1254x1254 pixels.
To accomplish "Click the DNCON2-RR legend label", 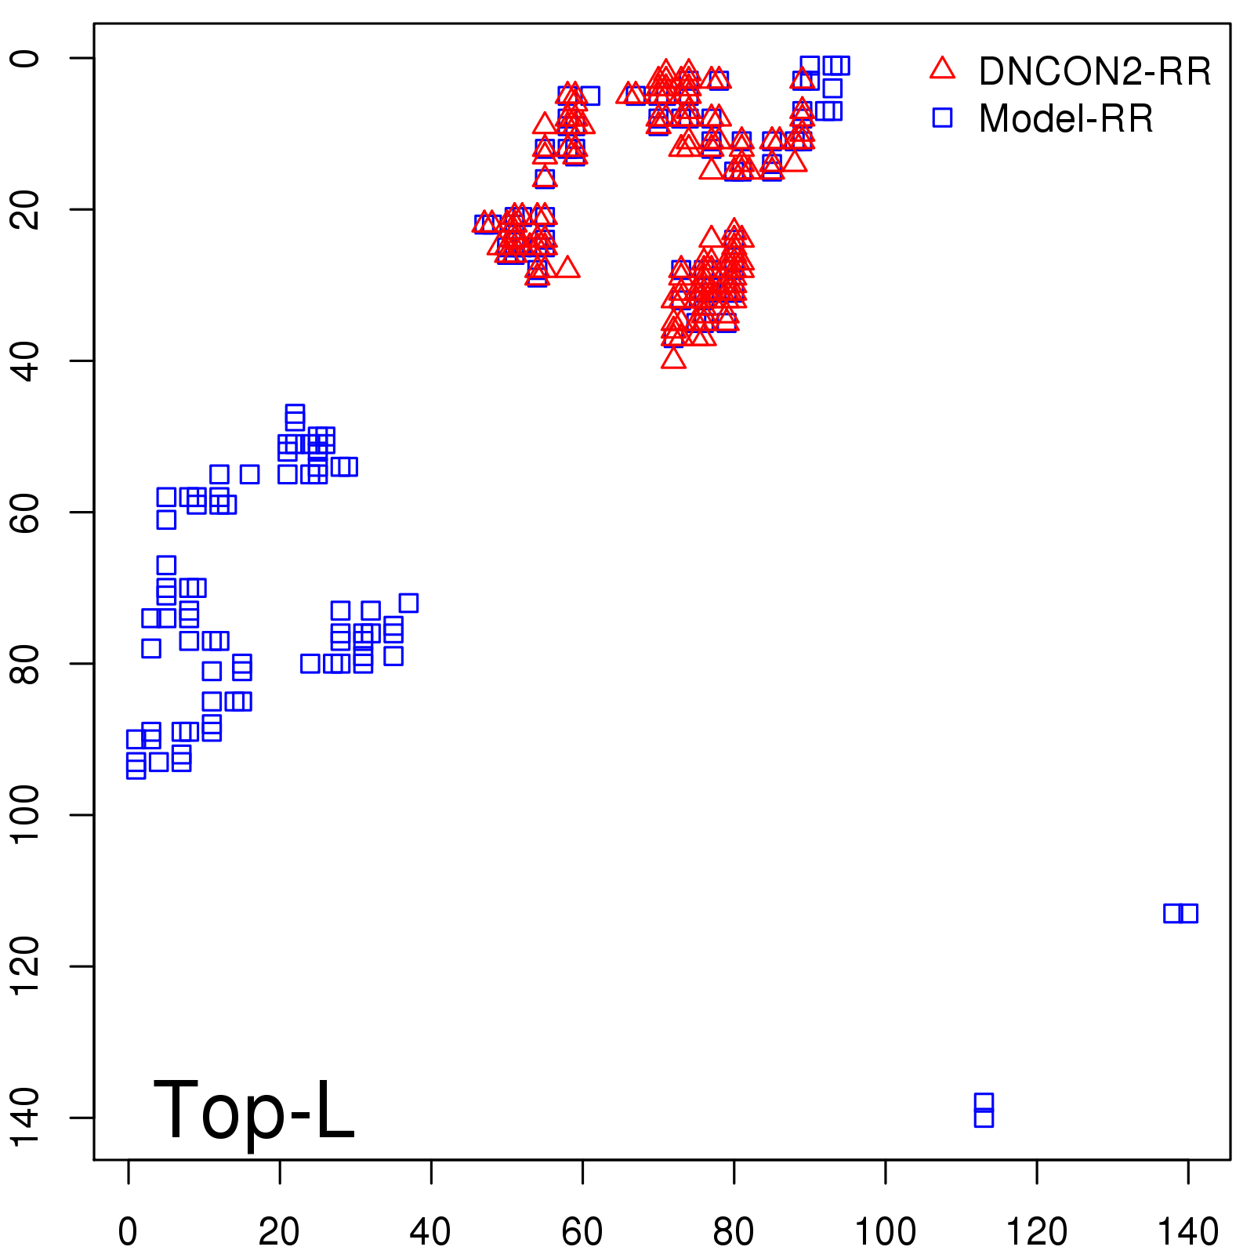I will [1094, 71].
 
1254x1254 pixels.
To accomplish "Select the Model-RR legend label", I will [1066, 119].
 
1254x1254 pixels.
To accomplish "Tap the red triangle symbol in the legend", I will [943, 69].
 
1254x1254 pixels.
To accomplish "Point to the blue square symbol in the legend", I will [943, 118].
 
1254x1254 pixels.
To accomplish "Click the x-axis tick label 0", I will [128, 1232].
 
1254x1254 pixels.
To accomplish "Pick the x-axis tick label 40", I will [430, 1232].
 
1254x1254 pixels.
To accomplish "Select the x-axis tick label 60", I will [582, 1232].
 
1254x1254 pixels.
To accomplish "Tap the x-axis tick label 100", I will [885, 1232].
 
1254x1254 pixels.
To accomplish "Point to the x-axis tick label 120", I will [1036, 1232].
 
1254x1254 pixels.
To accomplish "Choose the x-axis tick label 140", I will [1187, 1232].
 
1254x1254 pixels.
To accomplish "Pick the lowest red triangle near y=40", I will [673, 359].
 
